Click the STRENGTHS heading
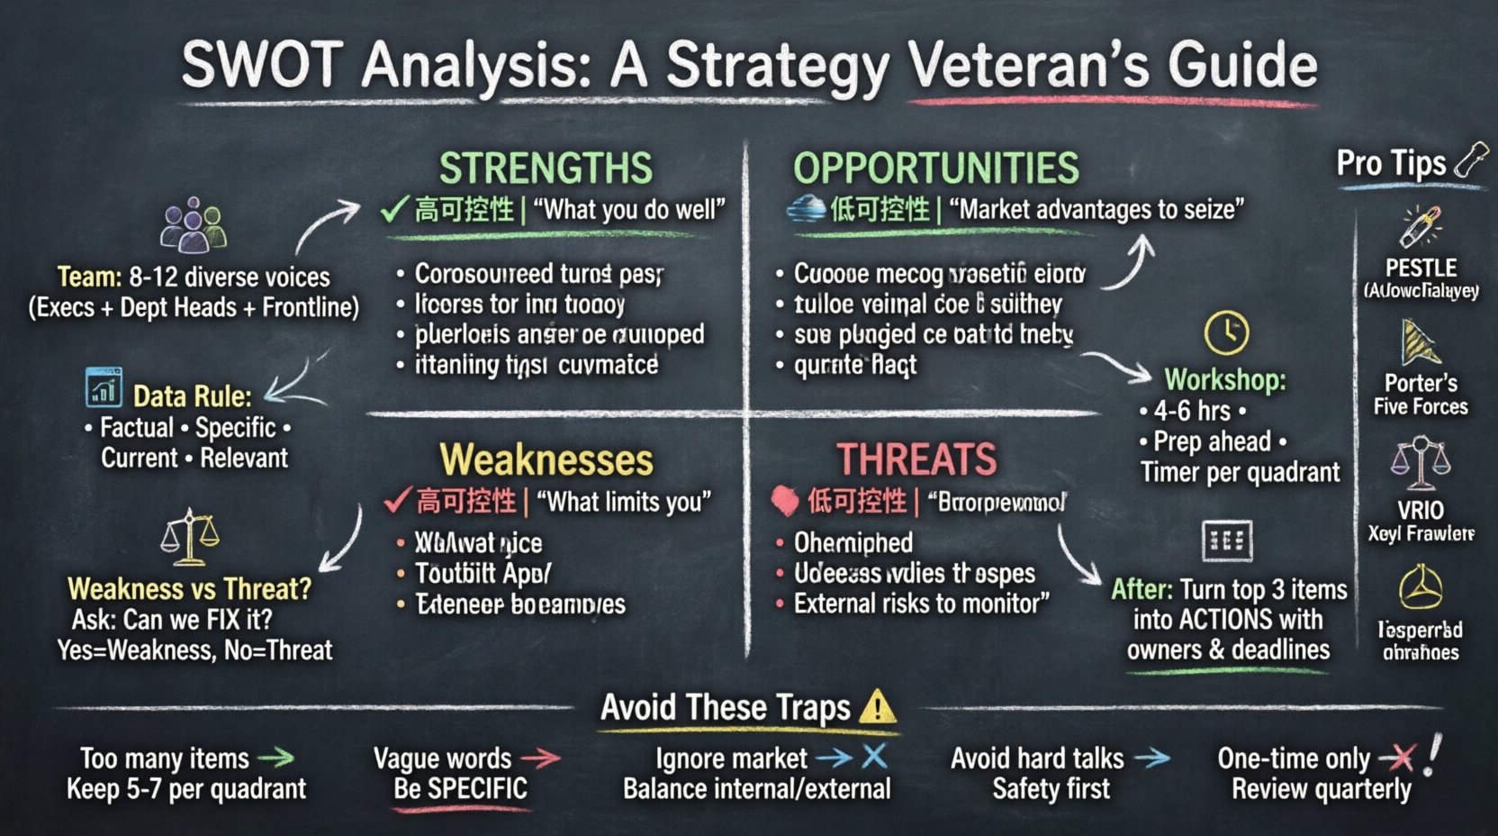pos(546,168)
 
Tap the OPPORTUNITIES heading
pos(935,168)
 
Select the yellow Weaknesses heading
pos(546,460)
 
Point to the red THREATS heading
pos(916,459)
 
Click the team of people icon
pos(192,225)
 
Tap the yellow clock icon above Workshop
pos(1226,332)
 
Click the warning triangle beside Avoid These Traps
pos(877,707)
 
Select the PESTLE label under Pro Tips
pos(1421,268)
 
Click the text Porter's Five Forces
pos(1421,395)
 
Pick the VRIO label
pos(1421,511)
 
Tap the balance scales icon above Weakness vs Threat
pos(189,538)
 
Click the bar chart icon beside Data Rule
pos(104,388)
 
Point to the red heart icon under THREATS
pos(785,501)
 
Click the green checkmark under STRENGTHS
pos(394,210)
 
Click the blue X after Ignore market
pos(874,757)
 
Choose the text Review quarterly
pos(1321,790)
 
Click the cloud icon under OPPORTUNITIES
pos(806,209)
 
